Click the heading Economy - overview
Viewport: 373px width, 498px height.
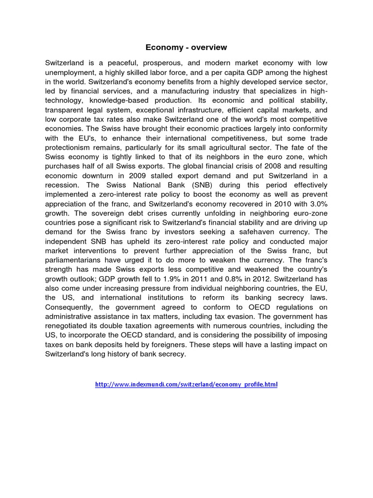pos(186,48)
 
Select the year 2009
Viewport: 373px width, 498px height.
pos(148,175)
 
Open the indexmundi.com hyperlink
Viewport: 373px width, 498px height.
pos(186,384)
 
